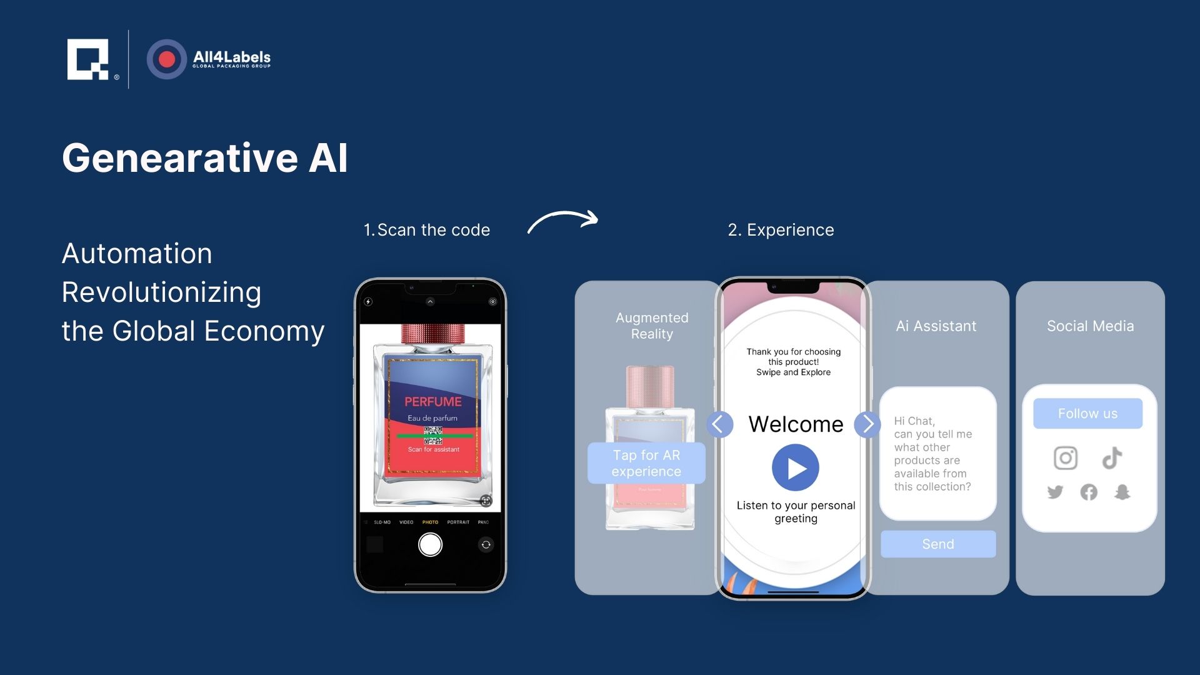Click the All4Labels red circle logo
pyautogui.click(x=166, y=59)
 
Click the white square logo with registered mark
pyautogui.click(x=89, y=59)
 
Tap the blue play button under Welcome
pyautogui.click(x=795, y=467)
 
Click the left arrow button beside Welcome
pyautogui.click(x=719, y=424)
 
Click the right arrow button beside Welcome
pyautogui.click(x=867, y=424)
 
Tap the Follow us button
pyautogui.click(x=1087, y=414)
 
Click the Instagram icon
pyautogui.click(x=1066, y=458)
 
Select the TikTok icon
pyautogui.click(x=1112, y=458)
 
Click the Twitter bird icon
pyautogui.click(x=1055, y=492)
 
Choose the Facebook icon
pyautogui.click(x=1089, y=492)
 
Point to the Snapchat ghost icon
pyautogui.click(x=1122, y=492)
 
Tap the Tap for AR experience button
pyautogui.click(x=646, y=463)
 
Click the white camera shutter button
pyautogui.click(x=430, y=544)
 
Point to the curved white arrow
pyautogui.click(x=562, y=221)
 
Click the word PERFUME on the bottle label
pyautogui.click(x=432, y=401)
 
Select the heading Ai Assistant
pyautogui.click(x=936, y=326)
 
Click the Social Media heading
pyautogui.click(x=1090, y=326)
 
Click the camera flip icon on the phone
pyautogui.click(x=486, y=545)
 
